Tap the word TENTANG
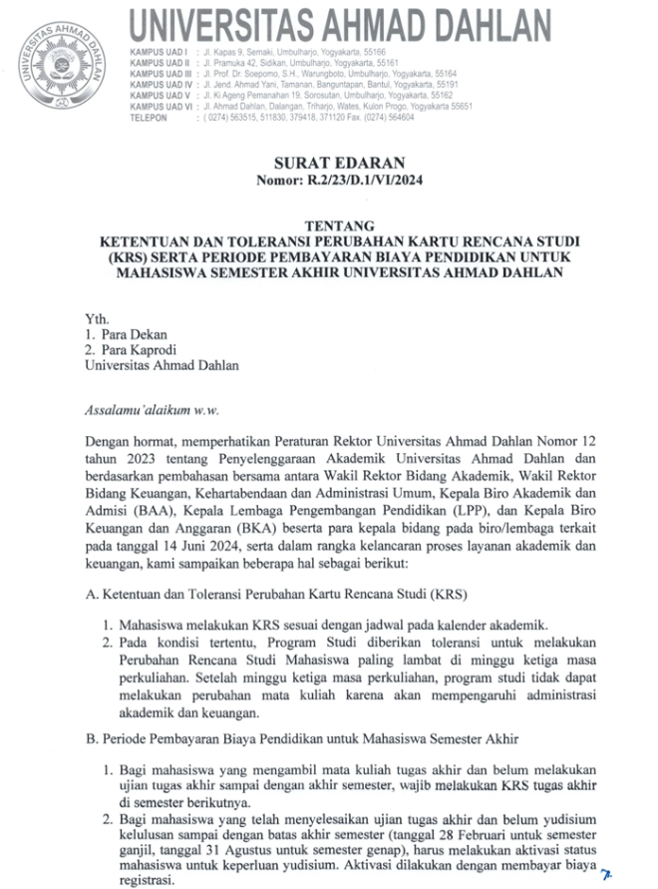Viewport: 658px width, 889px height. click(329, 225)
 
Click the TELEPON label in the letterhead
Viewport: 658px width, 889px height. click(150, 118)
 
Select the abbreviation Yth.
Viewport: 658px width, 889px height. click(97, 318)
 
